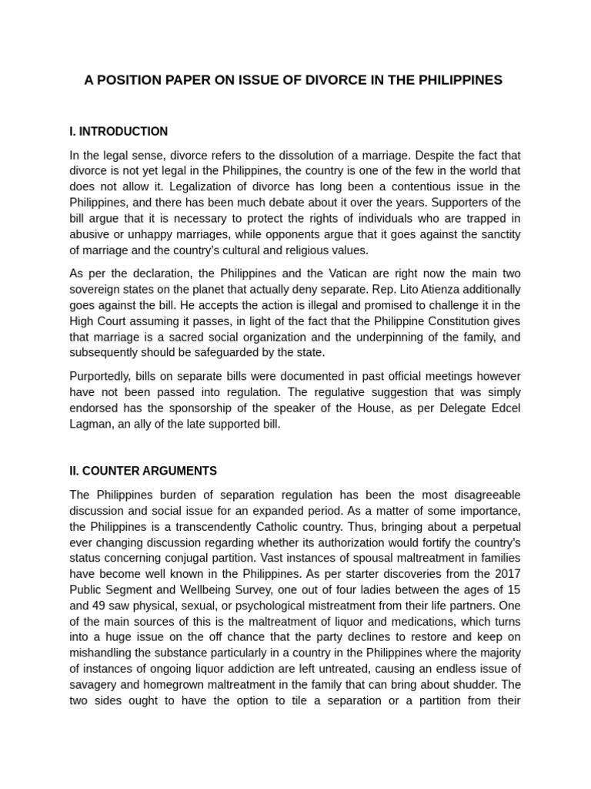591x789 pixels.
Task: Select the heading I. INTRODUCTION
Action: click(119, 131)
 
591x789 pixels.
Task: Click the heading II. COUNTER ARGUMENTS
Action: click(143, 471)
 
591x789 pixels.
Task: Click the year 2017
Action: click(506, 573)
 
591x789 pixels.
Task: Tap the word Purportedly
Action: click(102, 376)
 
